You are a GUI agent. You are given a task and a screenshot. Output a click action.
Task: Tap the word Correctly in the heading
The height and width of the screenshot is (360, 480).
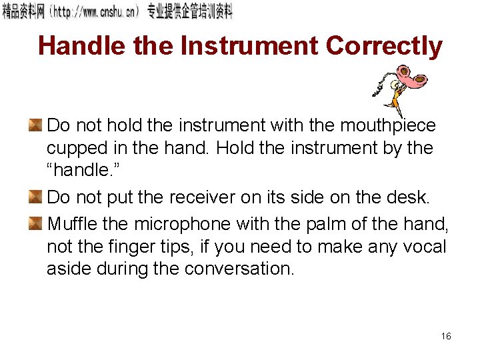[x=384, y=46]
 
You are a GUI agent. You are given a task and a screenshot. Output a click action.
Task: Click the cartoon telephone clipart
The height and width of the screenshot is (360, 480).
[x=399, y=87]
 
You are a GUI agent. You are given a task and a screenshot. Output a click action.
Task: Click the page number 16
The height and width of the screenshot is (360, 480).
[x=446, y=336]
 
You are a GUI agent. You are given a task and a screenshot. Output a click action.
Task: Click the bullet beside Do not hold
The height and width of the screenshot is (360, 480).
[x=35, y=125]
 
